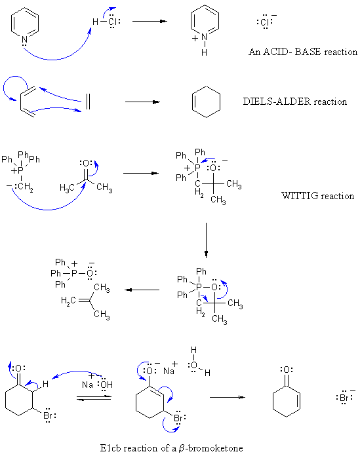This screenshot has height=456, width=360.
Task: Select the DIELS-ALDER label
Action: click(277, 102)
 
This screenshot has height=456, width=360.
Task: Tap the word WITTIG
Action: click(300, 196)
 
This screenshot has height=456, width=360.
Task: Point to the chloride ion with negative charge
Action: click(266, 22)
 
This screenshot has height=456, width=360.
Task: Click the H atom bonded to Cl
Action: click(95, 22)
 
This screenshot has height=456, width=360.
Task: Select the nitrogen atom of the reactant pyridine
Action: click(24, 39)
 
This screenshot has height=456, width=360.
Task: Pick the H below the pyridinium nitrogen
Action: click(205, 52)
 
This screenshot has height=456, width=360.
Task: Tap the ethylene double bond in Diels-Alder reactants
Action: click(88, 102)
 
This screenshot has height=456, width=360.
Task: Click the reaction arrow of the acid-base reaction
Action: click(150, 21)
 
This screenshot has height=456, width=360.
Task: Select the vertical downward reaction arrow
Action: click(206, 240)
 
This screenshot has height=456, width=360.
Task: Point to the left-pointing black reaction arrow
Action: click(142, 290)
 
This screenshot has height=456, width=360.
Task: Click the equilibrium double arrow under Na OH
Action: click(94, 398)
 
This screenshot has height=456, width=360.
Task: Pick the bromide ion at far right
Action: click(346, 397)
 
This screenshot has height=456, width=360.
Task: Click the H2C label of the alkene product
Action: click(68, 301)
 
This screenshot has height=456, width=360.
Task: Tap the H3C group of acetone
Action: click(67, 188)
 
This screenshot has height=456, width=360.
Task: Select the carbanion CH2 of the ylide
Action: click(26, 187)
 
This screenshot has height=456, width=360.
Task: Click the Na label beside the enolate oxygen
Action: click(169, 371)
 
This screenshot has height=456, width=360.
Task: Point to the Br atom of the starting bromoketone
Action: click(48, 415)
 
